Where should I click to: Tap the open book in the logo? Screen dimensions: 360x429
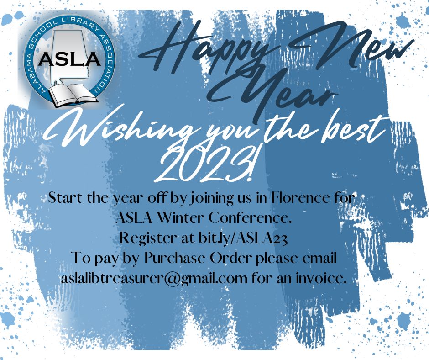pos(70,93)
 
